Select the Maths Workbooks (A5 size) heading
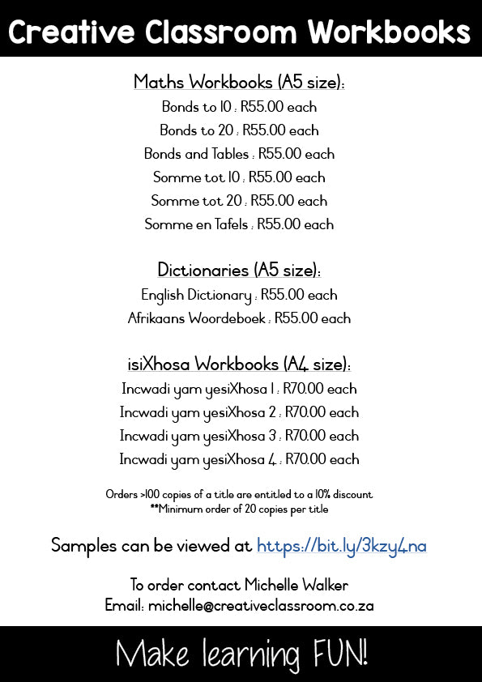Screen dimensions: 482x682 point(239,82)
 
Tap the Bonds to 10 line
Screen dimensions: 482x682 point(239,107)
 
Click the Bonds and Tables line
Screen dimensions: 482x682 point(239,154)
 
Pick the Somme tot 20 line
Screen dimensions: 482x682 point(239,201)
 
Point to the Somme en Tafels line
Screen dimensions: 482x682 point(239,224)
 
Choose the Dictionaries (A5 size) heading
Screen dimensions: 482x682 point(239,270)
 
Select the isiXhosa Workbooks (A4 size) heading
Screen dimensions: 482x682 point(239,364)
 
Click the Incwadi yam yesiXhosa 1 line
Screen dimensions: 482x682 point(239,389)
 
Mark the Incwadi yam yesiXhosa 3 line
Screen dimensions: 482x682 point(239,436)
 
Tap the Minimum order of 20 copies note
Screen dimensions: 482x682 point(239,509)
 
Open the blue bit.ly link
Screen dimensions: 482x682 point(341,546)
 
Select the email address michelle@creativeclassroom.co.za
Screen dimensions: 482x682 point(261,605)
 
